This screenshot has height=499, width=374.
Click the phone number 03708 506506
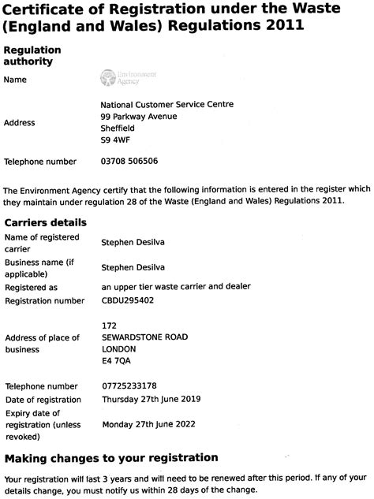click(x=130, y=162)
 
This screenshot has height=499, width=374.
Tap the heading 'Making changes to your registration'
click(x=111, y=457)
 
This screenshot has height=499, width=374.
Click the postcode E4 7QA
click(x=116, y=360)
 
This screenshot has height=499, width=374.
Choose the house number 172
click(x=110, y=325)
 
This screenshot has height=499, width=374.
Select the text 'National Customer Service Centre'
click(x=167, y=104)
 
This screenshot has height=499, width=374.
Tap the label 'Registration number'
click(x=44, y=300)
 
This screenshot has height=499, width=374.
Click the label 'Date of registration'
click(x=44, y=399)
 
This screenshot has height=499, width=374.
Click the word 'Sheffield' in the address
click(x=118, y=128)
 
